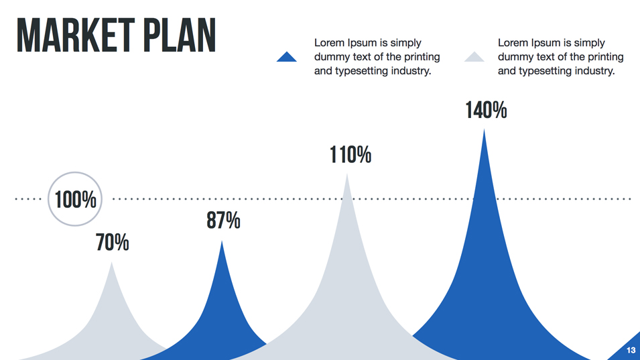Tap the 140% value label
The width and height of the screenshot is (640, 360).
point(486,110)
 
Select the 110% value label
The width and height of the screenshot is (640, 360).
point(350,155)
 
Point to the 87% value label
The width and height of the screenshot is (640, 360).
point(223,220)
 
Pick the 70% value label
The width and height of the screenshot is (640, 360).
point(112,242)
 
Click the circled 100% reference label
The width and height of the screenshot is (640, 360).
point(75,199)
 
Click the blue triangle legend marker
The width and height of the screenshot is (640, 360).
point(287,58)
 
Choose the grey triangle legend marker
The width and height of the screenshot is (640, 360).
point(474,58)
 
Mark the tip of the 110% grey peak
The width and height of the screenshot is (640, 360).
point(346,176)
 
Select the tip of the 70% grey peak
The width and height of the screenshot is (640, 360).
point(112,264)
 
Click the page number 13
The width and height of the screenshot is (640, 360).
point(631,351)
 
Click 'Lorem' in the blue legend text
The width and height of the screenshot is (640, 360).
point(328,43)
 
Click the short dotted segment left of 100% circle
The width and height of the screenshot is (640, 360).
point(28,199)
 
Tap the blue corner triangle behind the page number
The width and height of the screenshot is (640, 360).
point(627,349)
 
